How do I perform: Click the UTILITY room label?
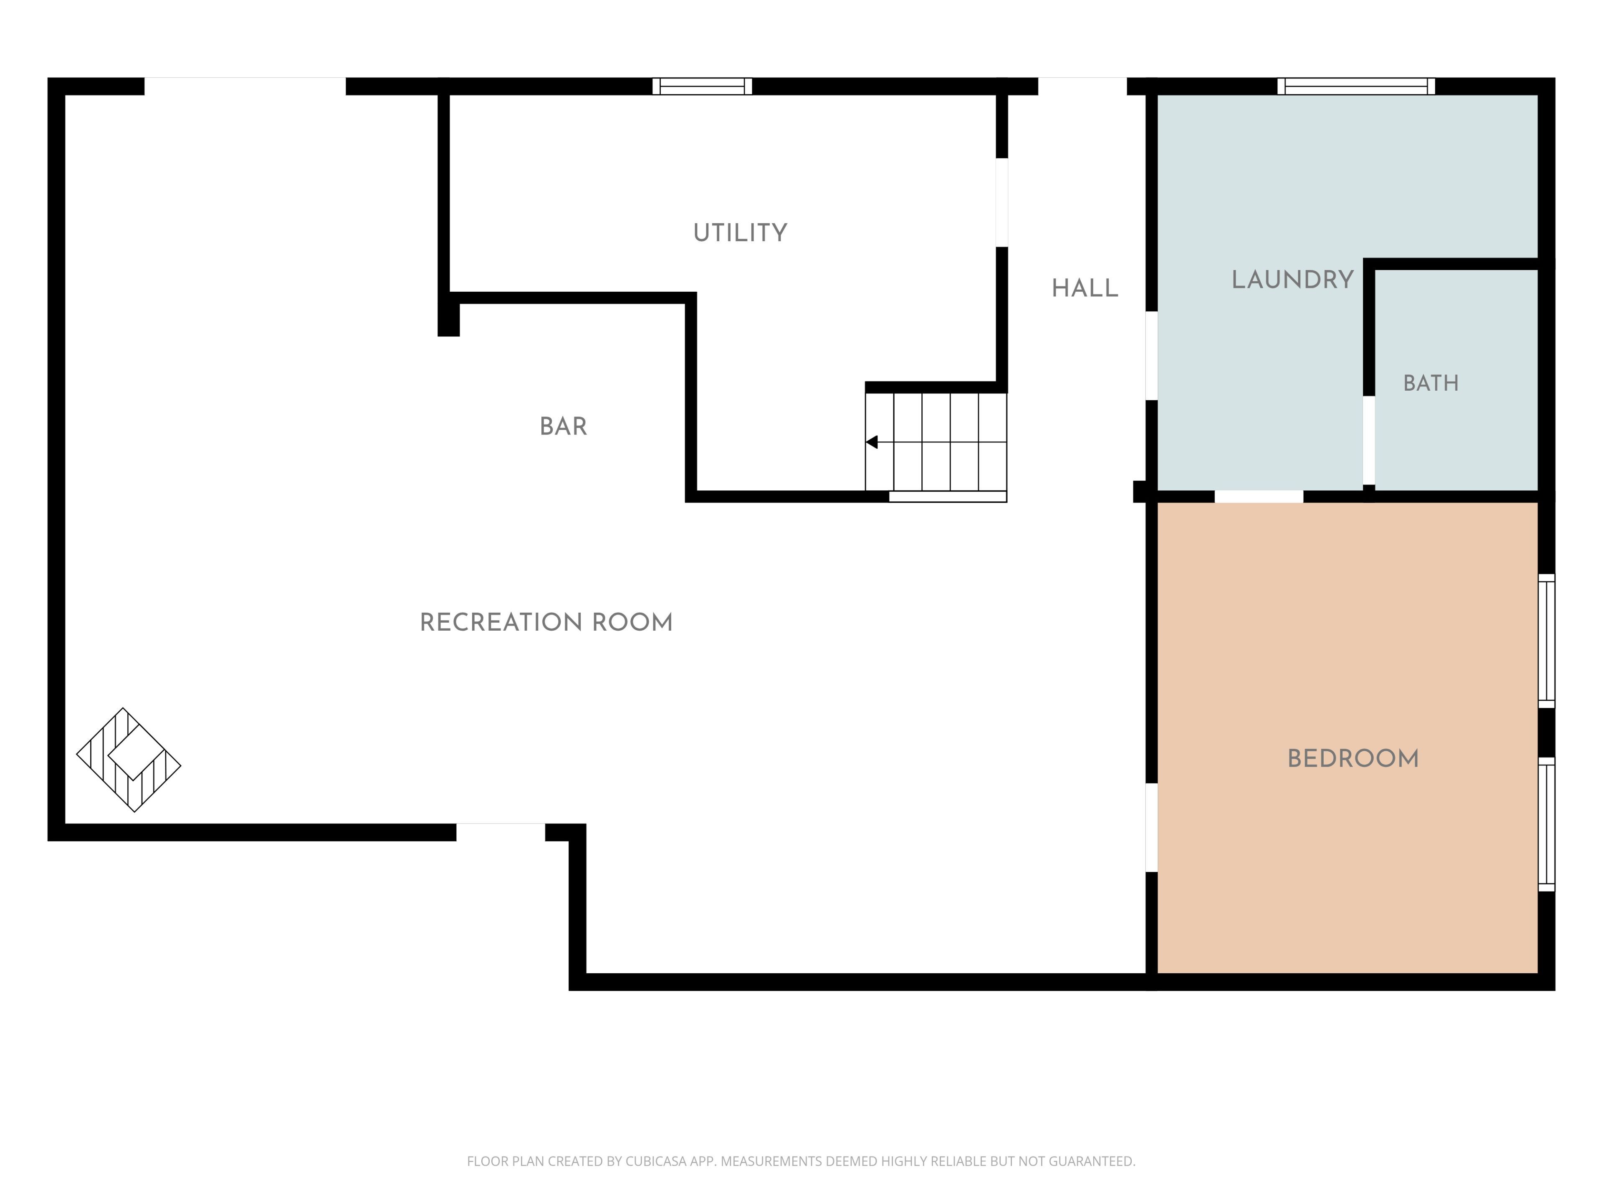(740, 232)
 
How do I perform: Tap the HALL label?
(1085, 288)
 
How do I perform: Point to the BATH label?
(1431, 383)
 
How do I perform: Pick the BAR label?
(563, 426)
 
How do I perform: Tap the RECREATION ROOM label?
(546, 622)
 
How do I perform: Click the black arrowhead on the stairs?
(872, 442)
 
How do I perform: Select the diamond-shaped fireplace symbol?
(128, 759)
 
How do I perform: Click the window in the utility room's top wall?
(702, 86)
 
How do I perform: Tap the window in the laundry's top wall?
(1356, 86)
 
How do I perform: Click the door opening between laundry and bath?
(1369, 440)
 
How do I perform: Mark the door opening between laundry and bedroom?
(1259, 496)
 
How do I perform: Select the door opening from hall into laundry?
(1151, 355)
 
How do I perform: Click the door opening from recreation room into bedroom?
(1151, 827)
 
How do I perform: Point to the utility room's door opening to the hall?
(1001, 202)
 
